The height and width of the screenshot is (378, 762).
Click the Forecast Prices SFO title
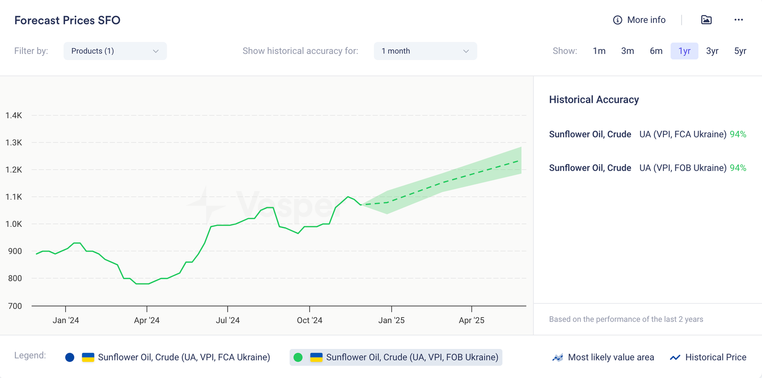pos(67,20)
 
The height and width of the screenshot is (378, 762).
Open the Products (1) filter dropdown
pos(115,51)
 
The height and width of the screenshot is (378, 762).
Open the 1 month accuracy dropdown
pos(425,51)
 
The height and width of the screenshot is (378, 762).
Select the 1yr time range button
pos(684,51)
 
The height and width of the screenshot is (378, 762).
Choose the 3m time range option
pos(627,51)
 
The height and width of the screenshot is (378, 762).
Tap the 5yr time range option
pos(740,51)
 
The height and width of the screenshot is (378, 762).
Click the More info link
pos(639,20)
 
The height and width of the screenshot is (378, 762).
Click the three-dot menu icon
pos(738,20)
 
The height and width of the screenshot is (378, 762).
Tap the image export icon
pos(706,20)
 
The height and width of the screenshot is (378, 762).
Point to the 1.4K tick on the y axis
pos(14,115)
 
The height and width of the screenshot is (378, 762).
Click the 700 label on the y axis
pos(15,306)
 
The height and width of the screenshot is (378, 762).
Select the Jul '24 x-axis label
pos(228,320)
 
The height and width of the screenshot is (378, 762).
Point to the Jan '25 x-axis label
pos(391,320)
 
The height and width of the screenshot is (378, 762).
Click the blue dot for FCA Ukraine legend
pos(70,358)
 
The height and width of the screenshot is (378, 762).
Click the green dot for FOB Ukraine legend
pos(298,358)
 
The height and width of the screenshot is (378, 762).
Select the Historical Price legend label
pos(715,358)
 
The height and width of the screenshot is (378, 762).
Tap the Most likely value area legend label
pos(611,358)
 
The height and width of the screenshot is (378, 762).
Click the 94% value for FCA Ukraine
pos(738,134)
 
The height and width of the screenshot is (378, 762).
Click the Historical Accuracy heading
pos(594,100)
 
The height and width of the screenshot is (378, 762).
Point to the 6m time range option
pos(656,51)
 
